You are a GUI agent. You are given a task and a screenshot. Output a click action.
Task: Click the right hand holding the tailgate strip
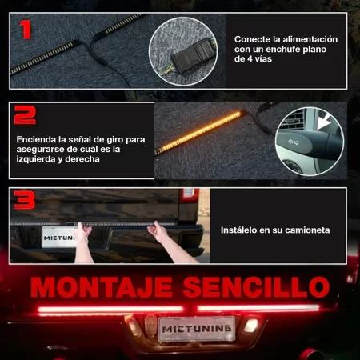click(161, 233)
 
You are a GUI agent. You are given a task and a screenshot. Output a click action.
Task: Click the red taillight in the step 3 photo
click(189, 194)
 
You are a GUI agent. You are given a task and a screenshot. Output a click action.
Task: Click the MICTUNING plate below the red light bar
click(196, 328)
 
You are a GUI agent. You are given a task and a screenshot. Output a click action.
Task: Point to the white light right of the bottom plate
click(251, 326)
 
